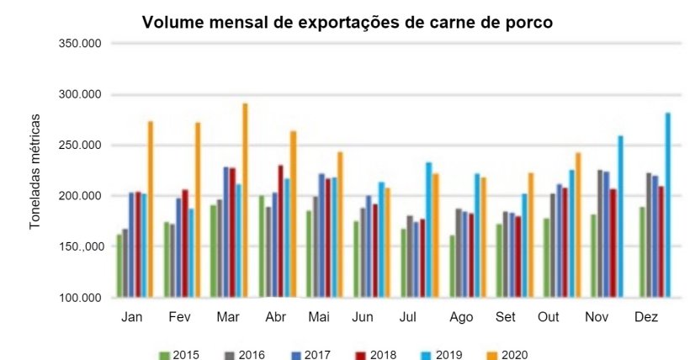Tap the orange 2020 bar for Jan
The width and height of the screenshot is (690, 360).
click(151, 209)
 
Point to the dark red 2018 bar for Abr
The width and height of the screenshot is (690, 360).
click(280, 231)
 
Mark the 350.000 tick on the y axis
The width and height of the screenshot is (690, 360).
click(79, 42)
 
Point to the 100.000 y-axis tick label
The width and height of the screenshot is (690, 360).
click(79, 298)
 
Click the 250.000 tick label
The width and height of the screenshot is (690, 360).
click(79, 145)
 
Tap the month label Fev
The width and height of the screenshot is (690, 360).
click(178, 316)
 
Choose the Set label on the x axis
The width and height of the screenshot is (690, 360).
click(506, 316)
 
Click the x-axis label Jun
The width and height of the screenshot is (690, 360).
click(363, 316)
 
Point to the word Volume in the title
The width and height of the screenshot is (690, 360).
click(172, 23)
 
